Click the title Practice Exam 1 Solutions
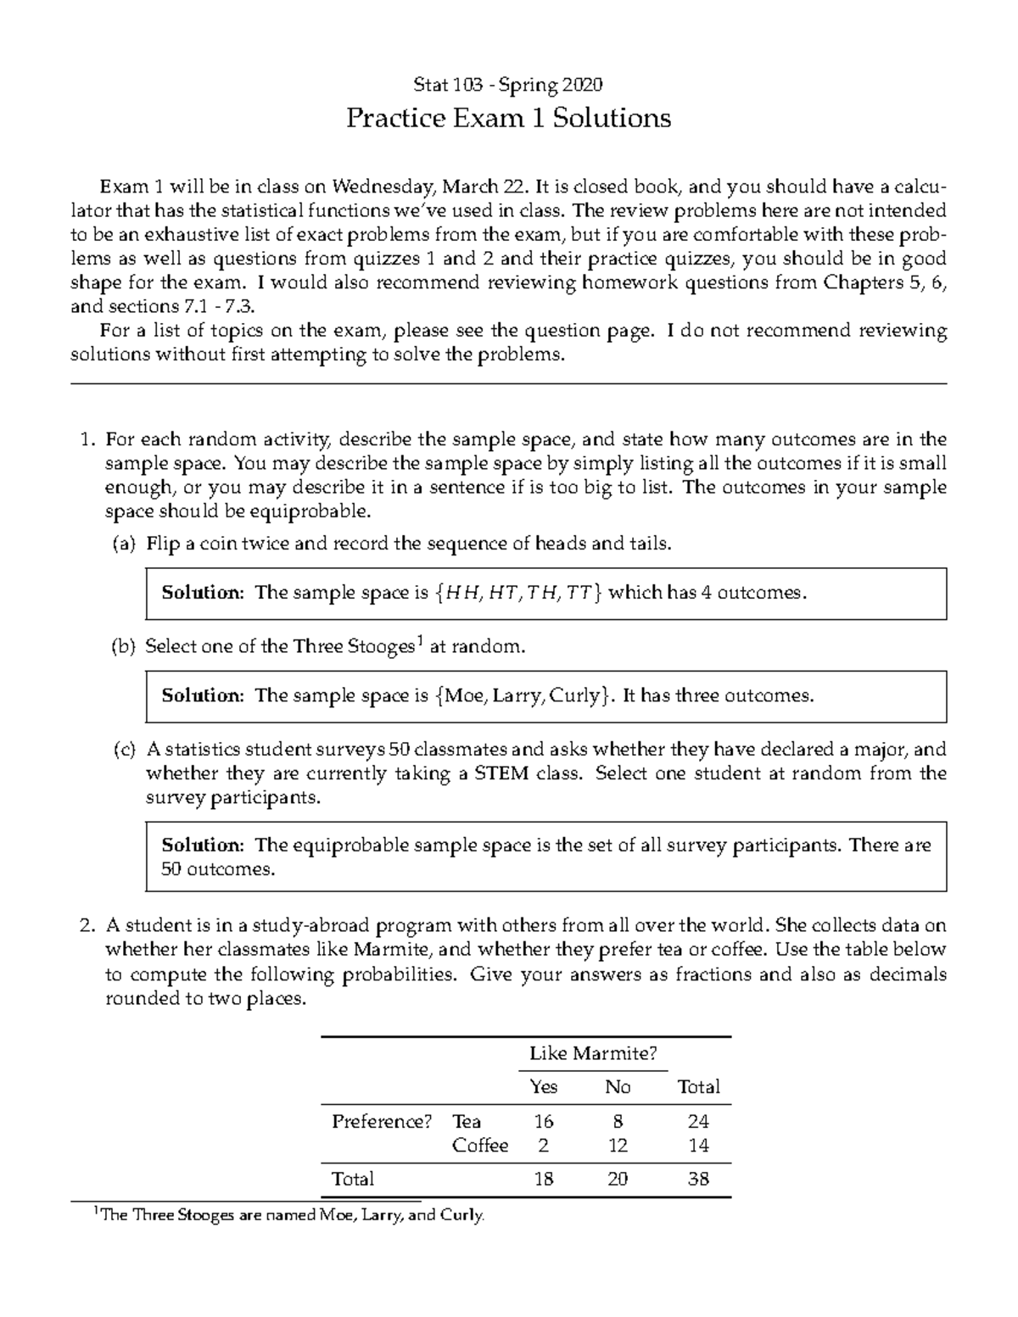(x=508, y=118)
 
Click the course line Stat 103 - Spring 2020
(x=508, y=85)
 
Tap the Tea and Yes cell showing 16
(x=543, y=1121)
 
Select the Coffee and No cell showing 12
(x=618, y=1146)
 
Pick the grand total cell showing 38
(x=698, y=1179)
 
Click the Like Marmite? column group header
(x=593, y=1053)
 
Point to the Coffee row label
(x=480, y=1146)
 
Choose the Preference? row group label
(x=382, y=1121)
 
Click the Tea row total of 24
(x=698, y=1121)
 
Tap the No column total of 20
(x=618, y=1179)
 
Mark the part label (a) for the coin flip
(x=124, y=544)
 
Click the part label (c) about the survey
(x=124, y=750)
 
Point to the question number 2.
(x=87, y=926)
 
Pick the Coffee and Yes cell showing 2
(x=543, y=1146)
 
